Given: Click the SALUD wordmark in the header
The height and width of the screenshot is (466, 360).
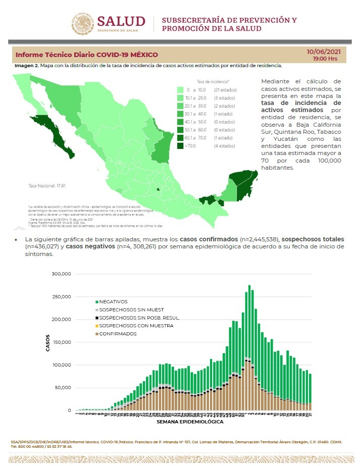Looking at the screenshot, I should pos(121,22).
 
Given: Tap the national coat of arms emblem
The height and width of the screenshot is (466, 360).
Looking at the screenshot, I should pos(82,24).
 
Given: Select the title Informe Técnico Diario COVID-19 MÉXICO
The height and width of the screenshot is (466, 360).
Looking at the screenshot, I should pos(86,55).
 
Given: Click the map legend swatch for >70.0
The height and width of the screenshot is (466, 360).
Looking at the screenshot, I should pos(180,146).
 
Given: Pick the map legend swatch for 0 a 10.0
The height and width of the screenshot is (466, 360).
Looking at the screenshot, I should pos(180,89).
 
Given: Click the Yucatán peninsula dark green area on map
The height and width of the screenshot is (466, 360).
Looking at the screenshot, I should pos(244,183).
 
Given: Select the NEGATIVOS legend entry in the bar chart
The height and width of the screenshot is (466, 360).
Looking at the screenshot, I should pos(113,301).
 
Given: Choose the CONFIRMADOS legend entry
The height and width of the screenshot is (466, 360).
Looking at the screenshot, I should pos(118,334).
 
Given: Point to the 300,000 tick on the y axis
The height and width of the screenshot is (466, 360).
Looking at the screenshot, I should pos(61,274).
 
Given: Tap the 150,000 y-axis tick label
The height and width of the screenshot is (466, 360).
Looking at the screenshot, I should pos(61,342).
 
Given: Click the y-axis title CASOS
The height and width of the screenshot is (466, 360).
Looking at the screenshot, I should pos(48,342).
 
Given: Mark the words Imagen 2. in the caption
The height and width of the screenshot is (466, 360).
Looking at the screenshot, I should pos(26,66).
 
